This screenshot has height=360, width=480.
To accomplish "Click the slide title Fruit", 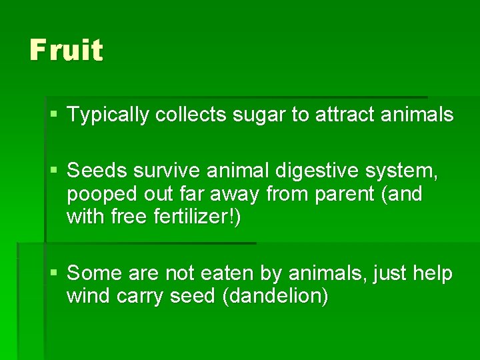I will point(66,51).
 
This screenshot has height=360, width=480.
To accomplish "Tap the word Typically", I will point(108,115).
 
